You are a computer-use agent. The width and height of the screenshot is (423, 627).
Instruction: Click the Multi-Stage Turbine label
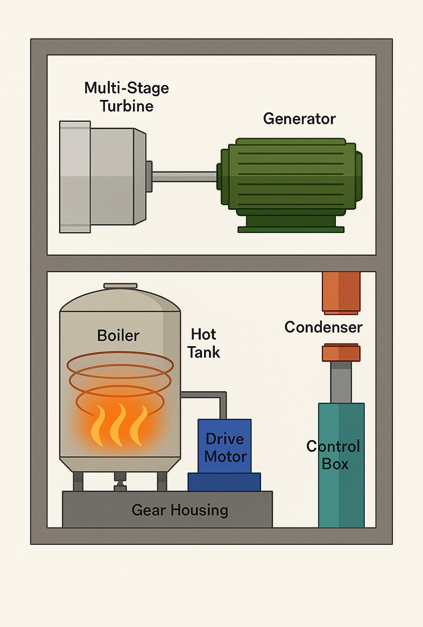(126, 97)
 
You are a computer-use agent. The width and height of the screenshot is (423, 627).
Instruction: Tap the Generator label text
(299, 119)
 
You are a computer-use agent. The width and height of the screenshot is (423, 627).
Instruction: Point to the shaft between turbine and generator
(184, 177)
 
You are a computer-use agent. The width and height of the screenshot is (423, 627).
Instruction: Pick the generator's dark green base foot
(291, 229)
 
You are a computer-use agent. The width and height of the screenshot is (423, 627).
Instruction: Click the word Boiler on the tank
(118, 335)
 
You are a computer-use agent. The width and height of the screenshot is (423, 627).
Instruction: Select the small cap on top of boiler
(120, 286)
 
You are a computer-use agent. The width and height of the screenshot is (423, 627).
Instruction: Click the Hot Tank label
(204, 343)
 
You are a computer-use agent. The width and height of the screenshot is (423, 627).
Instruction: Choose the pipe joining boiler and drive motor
(207, 395)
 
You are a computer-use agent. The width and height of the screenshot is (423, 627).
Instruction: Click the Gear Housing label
(180, 510)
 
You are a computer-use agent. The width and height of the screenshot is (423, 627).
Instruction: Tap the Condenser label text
(323, 327)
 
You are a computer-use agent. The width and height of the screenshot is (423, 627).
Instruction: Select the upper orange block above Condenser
(341, 292)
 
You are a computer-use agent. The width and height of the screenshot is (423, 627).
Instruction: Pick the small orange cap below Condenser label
(341, 353)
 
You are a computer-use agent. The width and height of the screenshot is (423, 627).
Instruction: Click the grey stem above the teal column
(341, 382)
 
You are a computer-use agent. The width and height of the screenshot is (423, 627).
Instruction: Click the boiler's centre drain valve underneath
(120, 481)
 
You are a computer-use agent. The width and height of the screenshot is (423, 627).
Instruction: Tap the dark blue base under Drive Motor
(224, 482)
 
